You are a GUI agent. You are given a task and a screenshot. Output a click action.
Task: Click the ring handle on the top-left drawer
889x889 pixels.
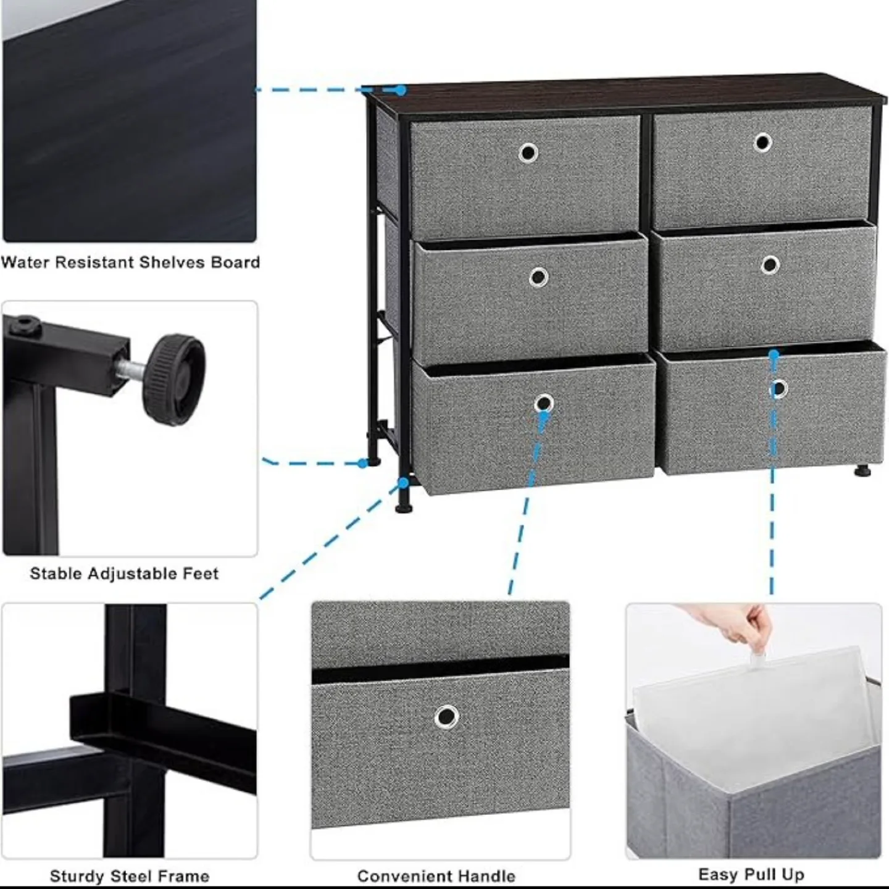click(x=528, y=152)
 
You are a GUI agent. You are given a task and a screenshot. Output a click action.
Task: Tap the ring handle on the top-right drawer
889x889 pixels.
click(x=763, y=143)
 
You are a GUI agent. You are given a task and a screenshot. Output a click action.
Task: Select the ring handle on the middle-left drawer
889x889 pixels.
click(x=538, y=277)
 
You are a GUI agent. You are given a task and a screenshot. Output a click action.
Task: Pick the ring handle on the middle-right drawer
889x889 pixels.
click(x=770, y=265)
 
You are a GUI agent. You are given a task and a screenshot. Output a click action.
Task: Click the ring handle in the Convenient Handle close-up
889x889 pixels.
click(x=446, y=717)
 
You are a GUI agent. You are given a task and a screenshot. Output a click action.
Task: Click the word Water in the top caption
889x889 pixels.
click(x=25, y=262)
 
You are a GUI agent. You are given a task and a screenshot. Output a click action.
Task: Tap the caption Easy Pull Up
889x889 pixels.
click(x=751, y=875)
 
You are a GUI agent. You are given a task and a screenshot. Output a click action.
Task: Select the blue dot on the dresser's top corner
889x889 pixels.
click(x=401, y=90)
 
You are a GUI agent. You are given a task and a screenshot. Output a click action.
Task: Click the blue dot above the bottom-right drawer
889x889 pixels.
click(x=774, y=354)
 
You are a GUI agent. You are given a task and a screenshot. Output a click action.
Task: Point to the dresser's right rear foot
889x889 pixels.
click(x=862, y=472)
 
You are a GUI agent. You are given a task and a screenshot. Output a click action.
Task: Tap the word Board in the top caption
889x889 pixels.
click(x=235, y=262)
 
